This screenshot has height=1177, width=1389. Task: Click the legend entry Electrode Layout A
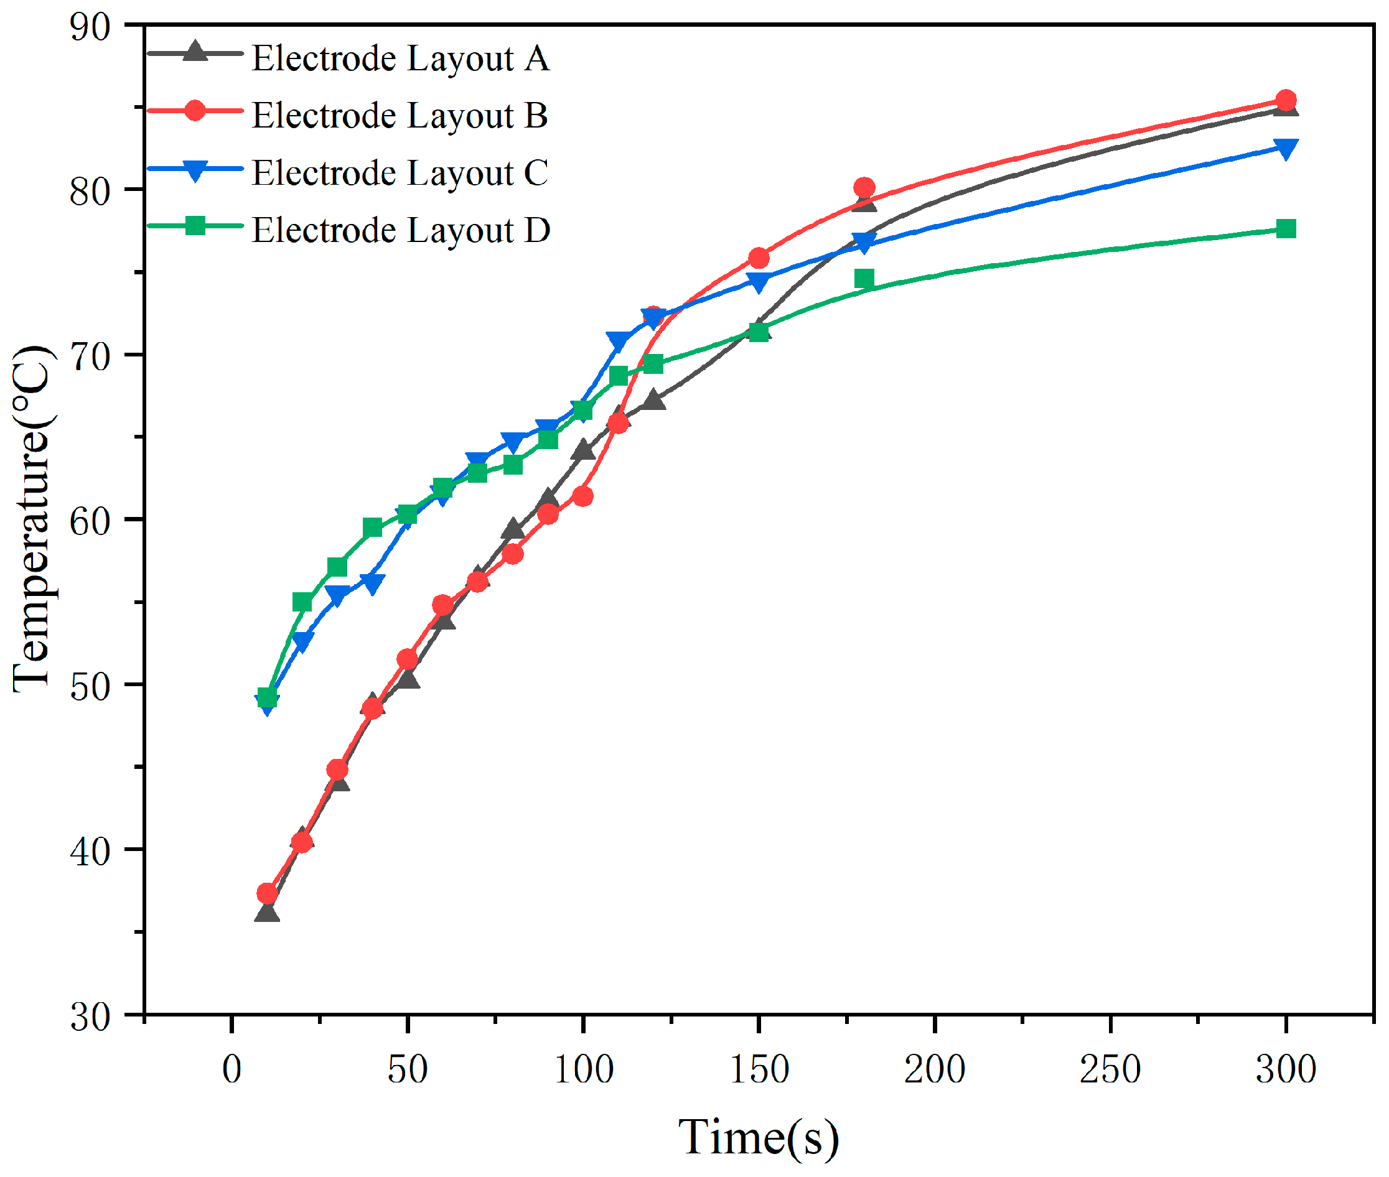(401, 58)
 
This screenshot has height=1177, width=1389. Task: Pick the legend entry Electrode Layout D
(401, 230)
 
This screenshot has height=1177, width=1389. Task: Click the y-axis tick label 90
(90, 27)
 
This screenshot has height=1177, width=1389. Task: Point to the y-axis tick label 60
(90, 521)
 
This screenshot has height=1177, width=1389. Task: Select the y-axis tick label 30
(90, 1017)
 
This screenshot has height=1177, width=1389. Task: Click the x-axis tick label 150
(759, 1069)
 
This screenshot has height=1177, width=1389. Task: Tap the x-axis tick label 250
(1110, 1069)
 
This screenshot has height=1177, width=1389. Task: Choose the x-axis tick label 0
(231, 1069)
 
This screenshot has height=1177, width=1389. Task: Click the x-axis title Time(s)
(759, 1138)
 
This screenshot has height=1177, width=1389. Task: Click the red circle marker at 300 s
(1286, 101)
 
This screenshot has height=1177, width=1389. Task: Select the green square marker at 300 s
(1286, 229)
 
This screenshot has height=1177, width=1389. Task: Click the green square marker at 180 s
(864, 278)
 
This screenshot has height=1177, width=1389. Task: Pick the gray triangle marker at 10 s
(267, 913)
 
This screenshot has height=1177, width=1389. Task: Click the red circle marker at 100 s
(582, 496)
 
